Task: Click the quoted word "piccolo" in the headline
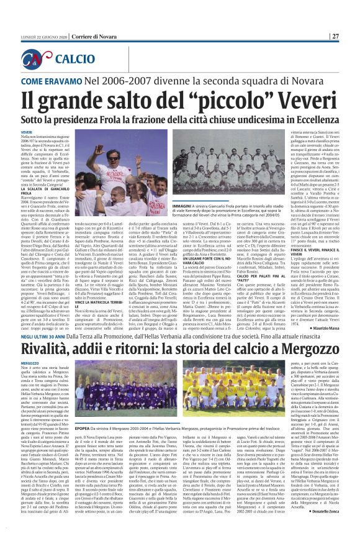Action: (x=215, y=99)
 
